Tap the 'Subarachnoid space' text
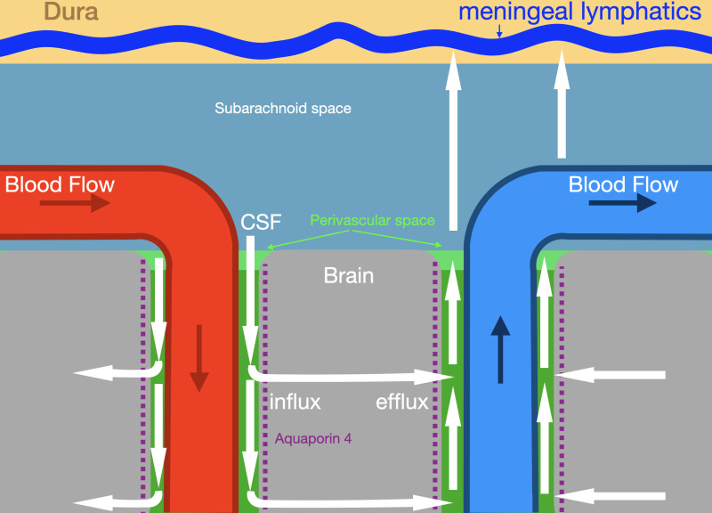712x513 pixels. tap(283, 109)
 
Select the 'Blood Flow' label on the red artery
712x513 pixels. tap(60, 185)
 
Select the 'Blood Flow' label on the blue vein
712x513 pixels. tap(623, 185)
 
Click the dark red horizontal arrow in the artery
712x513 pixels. tap(75, 204)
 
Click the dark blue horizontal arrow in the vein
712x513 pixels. tap(622, 204)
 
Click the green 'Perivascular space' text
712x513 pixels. tap(372, 219)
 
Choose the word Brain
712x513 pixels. tap(348, 275)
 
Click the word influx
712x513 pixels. tap(295, 402)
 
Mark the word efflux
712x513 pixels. tap(402, 402)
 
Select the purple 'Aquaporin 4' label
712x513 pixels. tap(319, 438)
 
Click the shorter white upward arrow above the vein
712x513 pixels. tap(562, 102)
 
